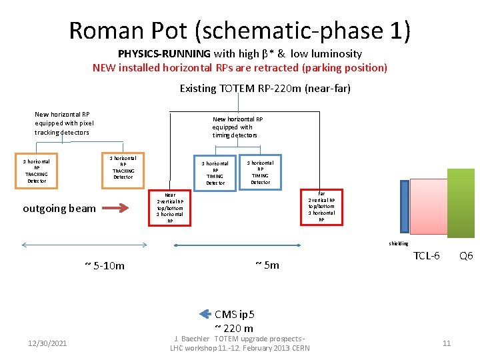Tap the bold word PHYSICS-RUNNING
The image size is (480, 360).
tap(164, 54)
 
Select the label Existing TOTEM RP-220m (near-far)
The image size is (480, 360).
tap(265, 88)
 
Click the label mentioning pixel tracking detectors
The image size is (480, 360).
tap(64, 123)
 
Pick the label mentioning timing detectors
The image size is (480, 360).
tap(238, 127)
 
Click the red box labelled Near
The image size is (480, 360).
tap(170, 207)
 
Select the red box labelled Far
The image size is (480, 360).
tap(321, 207)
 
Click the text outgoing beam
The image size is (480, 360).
tap(59, 209)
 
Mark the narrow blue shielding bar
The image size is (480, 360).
tap(405, 207)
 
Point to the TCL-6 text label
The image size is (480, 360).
tap(427, 256)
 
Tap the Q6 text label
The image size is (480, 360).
tap(465, 256)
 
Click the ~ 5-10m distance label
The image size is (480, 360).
tap(105, 266)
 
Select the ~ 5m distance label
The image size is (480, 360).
tap(267, 265)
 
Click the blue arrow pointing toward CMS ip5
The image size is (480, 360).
tap(205, 313)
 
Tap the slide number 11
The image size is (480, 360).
tap(447, 343)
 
